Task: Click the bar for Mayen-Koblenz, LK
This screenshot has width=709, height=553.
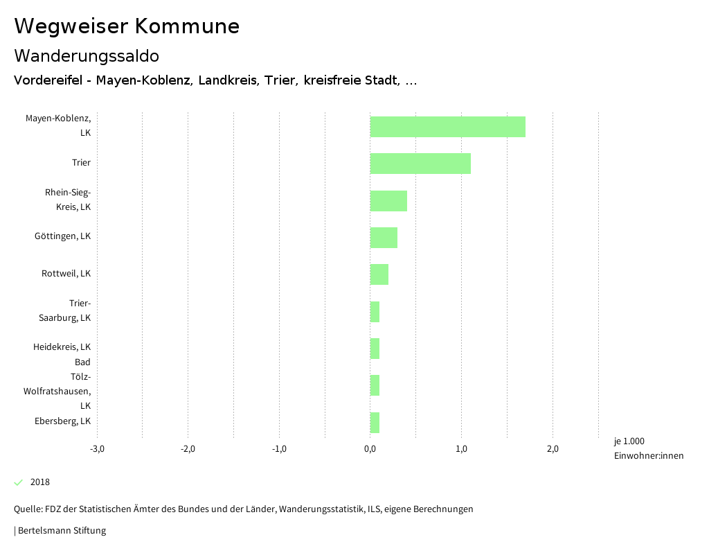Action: click(x=447, y=127)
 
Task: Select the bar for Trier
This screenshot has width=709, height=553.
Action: click(x=420, y=164)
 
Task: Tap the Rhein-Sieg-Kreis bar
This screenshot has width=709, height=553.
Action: click(x=388, y=201)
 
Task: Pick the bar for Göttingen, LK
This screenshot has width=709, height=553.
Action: click(x=384, y=238)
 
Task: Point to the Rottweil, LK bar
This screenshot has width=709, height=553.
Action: click(x=379, y=274)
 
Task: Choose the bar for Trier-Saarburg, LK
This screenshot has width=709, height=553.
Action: click(x=375, y=312)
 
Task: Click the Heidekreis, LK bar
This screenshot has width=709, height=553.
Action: click(x=375, y=349)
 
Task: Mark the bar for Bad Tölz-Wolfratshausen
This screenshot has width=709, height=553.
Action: click(x=375, y=385)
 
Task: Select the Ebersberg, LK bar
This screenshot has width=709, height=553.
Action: click(x=375, y=423)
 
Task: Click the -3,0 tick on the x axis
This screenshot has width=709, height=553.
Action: click(x=97, y=449)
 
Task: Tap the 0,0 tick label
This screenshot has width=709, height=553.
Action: click(x=370, y=449)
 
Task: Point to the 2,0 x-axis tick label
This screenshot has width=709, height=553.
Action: click(x=553, y=449)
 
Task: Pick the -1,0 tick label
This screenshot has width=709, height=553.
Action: click(x=279, y=449)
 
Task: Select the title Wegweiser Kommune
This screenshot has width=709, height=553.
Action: click(x=127, y=26)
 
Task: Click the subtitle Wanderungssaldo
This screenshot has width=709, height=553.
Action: click(x=87, y=55)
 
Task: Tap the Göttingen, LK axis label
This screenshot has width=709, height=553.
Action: click(x=62, y=236)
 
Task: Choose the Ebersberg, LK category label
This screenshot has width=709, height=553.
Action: click(x=62, y=421)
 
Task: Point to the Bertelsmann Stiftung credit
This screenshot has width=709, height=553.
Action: click(x=60, y=531)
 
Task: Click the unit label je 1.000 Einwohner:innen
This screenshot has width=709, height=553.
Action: click(x=648, y=448)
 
